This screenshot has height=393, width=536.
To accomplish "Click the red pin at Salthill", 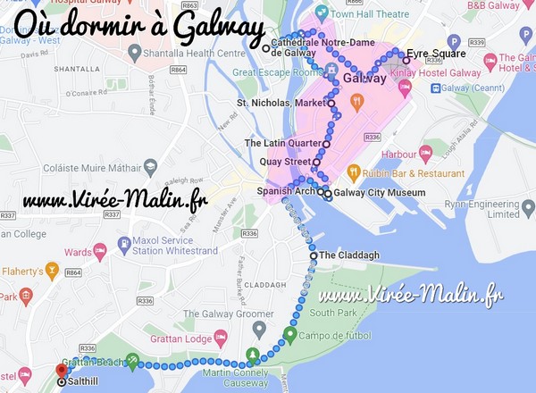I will pyautogui.click(x=61, y=370).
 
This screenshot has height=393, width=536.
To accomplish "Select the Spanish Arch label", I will pyautogui.click(x=284, y=191).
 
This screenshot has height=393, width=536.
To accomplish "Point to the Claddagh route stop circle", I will pyautogui.click(x=314, y=255).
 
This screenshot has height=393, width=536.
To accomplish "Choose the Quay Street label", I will pyautogui.click(x=284, y=162).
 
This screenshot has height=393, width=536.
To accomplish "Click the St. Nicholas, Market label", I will pyautogui.click(x=281, y=104).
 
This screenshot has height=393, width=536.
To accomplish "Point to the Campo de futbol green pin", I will pyautogui.click(x=289, y=335).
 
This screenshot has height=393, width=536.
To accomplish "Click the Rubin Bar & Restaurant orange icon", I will pyautogui.click(x=354, y=171).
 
